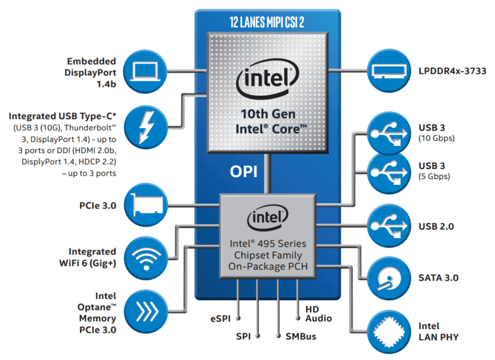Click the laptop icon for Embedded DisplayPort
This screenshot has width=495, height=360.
point(145,71)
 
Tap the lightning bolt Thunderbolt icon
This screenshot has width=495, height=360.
point(145,127)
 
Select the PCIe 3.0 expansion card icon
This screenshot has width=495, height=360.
point(145,205)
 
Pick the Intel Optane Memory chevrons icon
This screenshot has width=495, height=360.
point(145,310)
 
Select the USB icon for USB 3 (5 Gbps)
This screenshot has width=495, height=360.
point(388,171)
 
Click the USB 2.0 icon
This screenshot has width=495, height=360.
point(388,226)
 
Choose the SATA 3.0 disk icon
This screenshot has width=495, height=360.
point(388,277)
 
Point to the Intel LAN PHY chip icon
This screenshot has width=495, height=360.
point(388,331)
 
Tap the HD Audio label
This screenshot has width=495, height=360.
point(318,313)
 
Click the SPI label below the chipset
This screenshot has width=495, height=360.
point(245,336)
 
